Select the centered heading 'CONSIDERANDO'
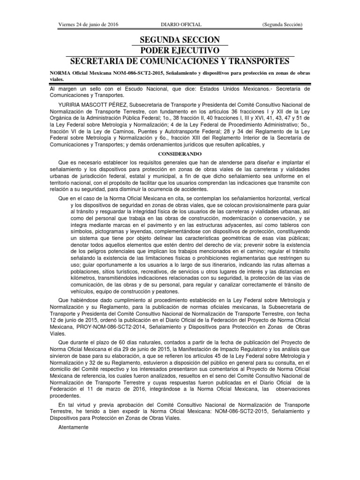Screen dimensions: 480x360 pos(180,153)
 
